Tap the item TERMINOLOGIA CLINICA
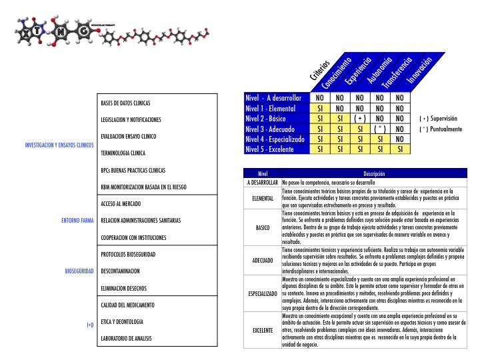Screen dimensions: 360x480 click(x=123, y=153)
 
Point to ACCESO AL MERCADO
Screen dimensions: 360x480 click(x=125, y=203)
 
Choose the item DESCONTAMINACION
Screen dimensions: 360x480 click(x=120, y=271)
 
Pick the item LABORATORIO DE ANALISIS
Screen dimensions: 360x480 click(x=127, y=339)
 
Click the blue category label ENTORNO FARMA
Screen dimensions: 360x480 click(x=76, y=220)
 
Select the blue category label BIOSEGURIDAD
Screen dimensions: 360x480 click(x=79, y=271)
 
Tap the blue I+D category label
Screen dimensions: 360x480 click(x=90, y=325)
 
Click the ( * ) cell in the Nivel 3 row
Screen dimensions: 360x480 click(x=381, y=129)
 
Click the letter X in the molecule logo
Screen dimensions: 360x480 click(x=25, y=31)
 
